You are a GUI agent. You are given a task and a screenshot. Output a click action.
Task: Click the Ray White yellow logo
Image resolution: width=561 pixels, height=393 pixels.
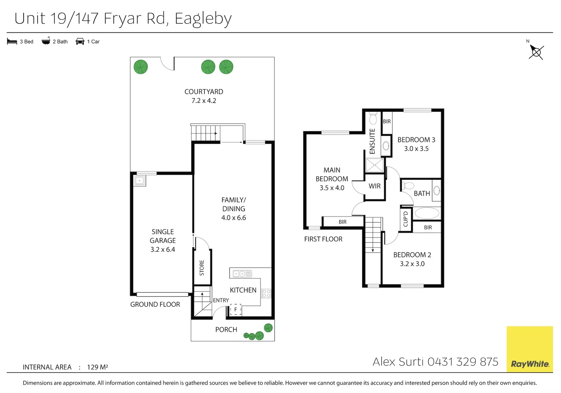529,349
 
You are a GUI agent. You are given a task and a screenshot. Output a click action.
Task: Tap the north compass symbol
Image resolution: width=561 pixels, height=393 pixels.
536,52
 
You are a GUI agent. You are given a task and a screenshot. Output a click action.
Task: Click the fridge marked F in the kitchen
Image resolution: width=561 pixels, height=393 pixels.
235,310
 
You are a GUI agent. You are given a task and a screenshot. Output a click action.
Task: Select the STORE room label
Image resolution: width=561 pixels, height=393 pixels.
202,267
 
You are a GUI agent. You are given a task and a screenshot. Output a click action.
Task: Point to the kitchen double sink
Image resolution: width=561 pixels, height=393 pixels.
242,274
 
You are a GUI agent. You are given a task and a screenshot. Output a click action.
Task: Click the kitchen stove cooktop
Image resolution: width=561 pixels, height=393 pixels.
266,293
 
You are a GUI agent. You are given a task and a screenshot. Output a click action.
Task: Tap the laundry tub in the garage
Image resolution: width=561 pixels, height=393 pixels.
140,180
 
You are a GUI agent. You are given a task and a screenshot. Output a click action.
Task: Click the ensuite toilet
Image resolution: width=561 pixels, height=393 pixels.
373,118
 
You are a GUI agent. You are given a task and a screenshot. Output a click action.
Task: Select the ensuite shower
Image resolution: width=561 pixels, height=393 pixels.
374,165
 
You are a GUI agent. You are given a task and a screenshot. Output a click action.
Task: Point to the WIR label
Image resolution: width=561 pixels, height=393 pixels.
374,186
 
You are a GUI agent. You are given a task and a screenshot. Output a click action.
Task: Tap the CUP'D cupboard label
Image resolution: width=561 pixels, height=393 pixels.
406,219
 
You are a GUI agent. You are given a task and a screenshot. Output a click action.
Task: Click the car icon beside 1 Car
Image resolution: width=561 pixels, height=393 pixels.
80,41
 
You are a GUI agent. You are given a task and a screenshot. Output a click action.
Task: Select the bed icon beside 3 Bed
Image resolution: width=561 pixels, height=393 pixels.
12,41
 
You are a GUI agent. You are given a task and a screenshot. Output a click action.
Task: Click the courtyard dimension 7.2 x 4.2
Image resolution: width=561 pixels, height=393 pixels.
204,101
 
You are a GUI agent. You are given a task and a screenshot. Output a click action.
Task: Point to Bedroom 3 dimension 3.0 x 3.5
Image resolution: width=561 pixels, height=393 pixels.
416,148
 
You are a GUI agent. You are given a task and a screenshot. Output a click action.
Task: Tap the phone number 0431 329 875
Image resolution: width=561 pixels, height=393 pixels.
463,362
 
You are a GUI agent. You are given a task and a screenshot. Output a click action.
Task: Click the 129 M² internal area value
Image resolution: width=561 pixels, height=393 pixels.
98,367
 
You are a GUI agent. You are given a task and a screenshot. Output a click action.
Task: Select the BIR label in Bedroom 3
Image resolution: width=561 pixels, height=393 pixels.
387,122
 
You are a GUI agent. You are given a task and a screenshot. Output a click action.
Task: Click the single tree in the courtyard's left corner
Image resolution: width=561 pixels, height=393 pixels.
141,67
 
